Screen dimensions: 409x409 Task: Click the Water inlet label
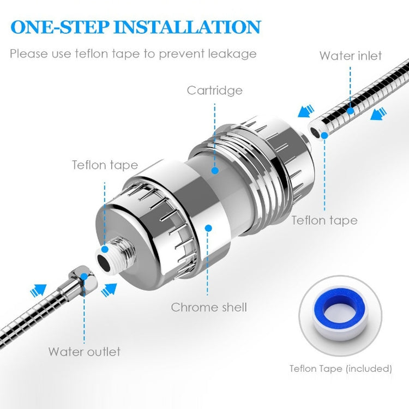(351, 56)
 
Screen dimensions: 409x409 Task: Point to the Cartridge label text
(214, 90)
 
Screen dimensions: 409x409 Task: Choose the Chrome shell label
(209, 307)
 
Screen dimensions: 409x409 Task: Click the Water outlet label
(84, 351)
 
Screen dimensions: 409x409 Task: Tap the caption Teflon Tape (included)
(340, 369)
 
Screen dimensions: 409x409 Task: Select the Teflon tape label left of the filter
(105, 165)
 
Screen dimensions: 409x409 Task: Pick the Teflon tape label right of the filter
(324, 220)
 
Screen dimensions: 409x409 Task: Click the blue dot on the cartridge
(215, 171)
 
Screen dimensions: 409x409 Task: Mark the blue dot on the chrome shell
(207, 228)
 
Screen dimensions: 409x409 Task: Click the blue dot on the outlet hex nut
(83, 276)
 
